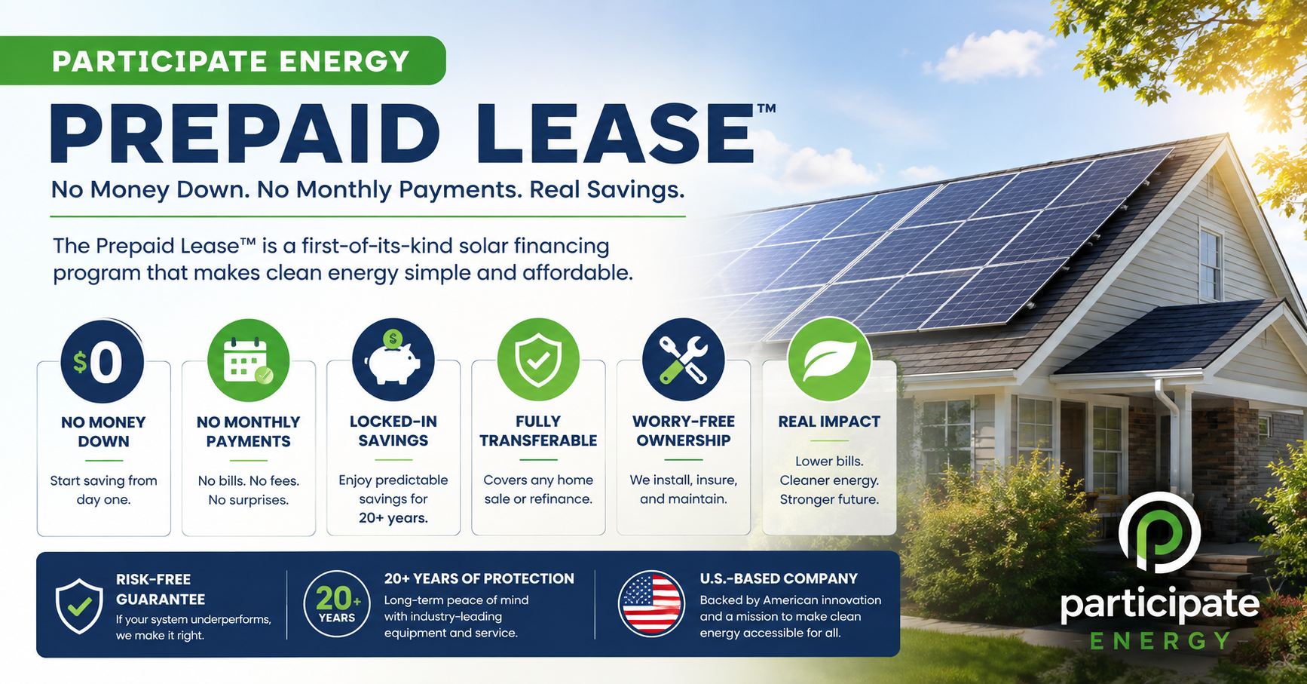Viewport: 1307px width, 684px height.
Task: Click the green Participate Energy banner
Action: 223,60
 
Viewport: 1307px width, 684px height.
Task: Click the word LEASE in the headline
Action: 614,134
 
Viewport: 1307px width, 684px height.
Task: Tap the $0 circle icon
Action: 103,361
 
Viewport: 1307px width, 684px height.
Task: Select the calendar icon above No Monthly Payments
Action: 248,360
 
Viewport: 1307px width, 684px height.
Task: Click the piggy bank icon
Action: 393,360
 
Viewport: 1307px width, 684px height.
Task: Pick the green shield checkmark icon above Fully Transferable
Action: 538,360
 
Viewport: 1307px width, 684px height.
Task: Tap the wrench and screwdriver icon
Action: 684,360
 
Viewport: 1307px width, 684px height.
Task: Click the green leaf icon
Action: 829,360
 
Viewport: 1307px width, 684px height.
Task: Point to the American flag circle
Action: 651,604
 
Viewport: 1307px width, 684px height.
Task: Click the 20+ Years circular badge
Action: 337,604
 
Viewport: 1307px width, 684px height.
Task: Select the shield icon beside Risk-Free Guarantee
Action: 79,606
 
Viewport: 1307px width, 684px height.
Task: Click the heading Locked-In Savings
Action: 393,431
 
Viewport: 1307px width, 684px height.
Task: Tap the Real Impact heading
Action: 829,422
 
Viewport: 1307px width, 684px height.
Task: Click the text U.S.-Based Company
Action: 779,578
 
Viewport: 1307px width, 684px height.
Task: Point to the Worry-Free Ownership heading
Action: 684,431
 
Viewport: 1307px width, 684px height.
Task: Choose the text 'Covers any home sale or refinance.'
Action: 538,489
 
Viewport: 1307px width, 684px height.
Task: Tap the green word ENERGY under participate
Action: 1160,641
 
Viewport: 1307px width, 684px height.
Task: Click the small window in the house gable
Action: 1211,265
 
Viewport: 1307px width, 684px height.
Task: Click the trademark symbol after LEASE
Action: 766,109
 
